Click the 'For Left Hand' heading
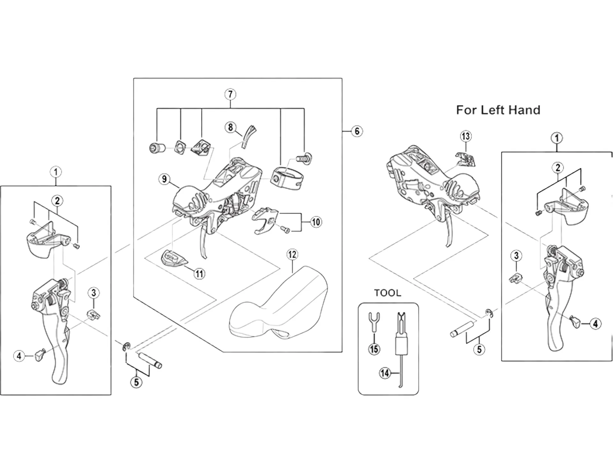[498, 110]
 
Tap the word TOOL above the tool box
[387, 293]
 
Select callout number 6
[357, 131]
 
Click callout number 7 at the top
[230, 95]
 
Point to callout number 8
[231, 127]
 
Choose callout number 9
[164, 179]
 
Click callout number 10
[316, 222]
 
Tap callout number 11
[199, 274]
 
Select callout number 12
[292, 255]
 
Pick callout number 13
[466, 136]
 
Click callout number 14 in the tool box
[385, 373]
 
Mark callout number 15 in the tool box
[374, 349]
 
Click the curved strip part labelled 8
[248, 136]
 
